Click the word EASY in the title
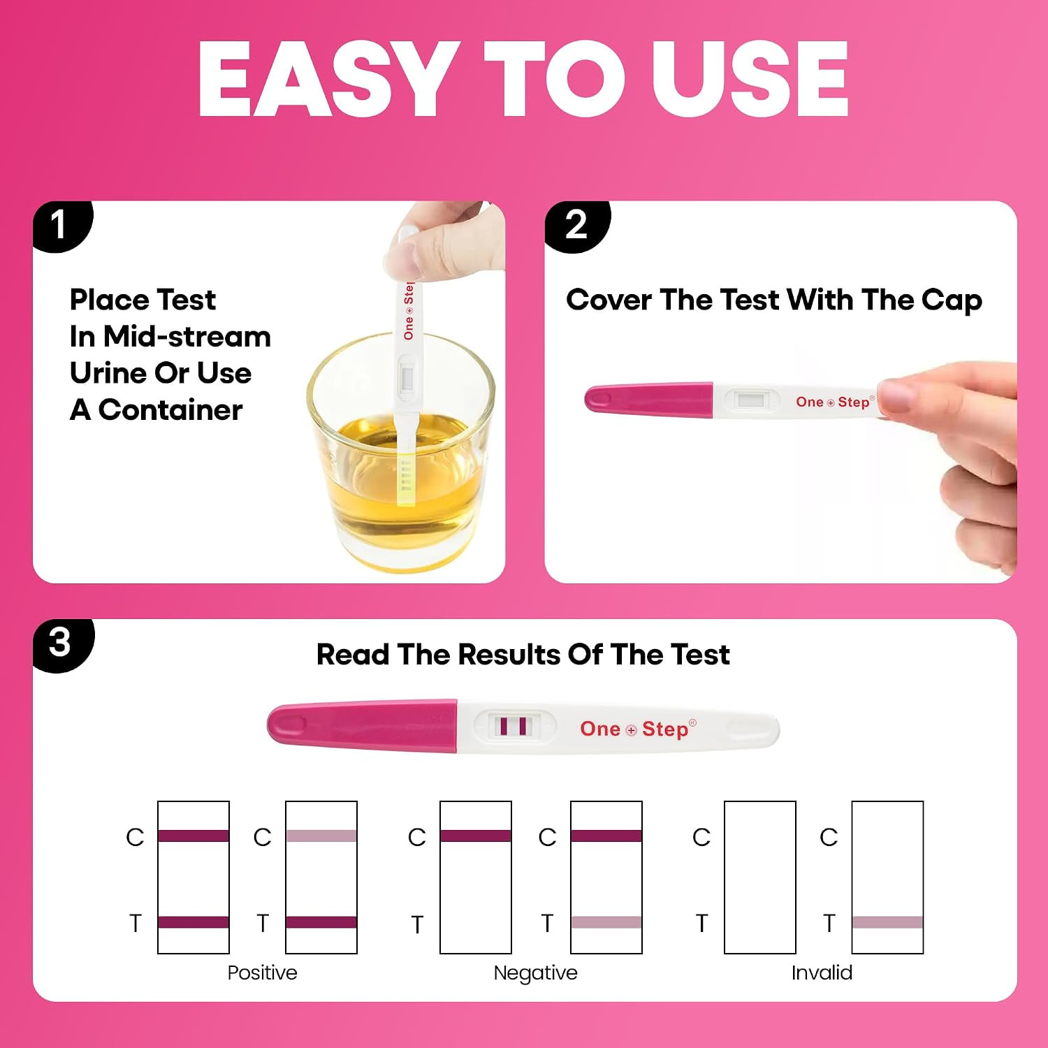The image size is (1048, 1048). coord(324,78)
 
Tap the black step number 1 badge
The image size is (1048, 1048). coord(61,225)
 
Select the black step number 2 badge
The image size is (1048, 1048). coord(577,225)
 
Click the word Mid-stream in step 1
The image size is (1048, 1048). coord(187,337)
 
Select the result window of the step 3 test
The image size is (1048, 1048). coord(515,726)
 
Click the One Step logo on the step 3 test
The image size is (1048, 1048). coord(638,729)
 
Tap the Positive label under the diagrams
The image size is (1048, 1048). coord(262,973)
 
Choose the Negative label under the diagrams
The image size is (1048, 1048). coord(535,973)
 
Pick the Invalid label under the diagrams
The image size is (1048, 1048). coord(822,973)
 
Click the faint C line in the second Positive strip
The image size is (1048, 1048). coord(321,836)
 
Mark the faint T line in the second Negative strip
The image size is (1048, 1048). coord(606,922)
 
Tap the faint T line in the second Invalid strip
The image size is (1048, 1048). coord(887,922)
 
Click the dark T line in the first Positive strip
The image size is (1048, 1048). coord(194,922)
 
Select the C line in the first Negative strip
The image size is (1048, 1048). coord(476,836)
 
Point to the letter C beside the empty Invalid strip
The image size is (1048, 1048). coord(701,837)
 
